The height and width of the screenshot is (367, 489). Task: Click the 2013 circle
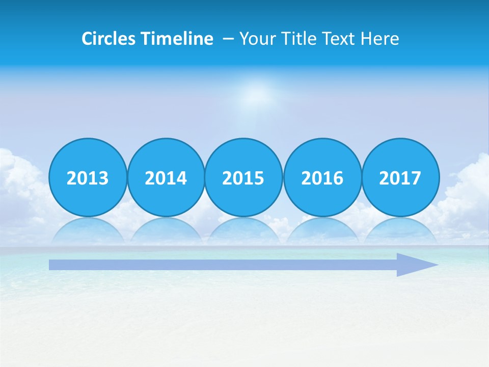(88, 177)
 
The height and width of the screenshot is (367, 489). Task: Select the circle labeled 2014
(166, 177)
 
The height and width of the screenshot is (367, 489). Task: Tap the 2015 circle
(243, 177)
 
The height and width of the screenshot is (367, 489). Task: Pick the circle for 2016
(322, 177)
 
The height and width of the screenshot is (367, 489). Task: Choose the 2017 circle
(400, 177)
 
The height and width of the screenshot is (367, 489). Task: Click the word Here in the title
(379, 39)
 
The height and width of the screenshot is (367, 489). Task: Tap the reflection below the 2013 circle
(88, 230)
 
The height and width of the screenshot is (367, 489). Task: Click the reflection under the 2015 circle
(243, 230)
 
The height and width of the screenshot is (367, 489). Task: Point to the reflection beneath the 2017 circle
(400, 230)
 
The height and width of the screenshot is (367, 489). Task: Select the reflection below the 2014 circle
(166, 230)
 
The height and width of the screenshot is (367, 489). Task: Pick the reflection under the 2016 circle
(322, 230)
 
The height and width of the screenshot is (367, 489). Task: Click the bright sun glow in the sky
(259, 95)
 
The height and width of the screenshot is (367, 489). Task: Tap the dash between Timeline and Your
(228, 39)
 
